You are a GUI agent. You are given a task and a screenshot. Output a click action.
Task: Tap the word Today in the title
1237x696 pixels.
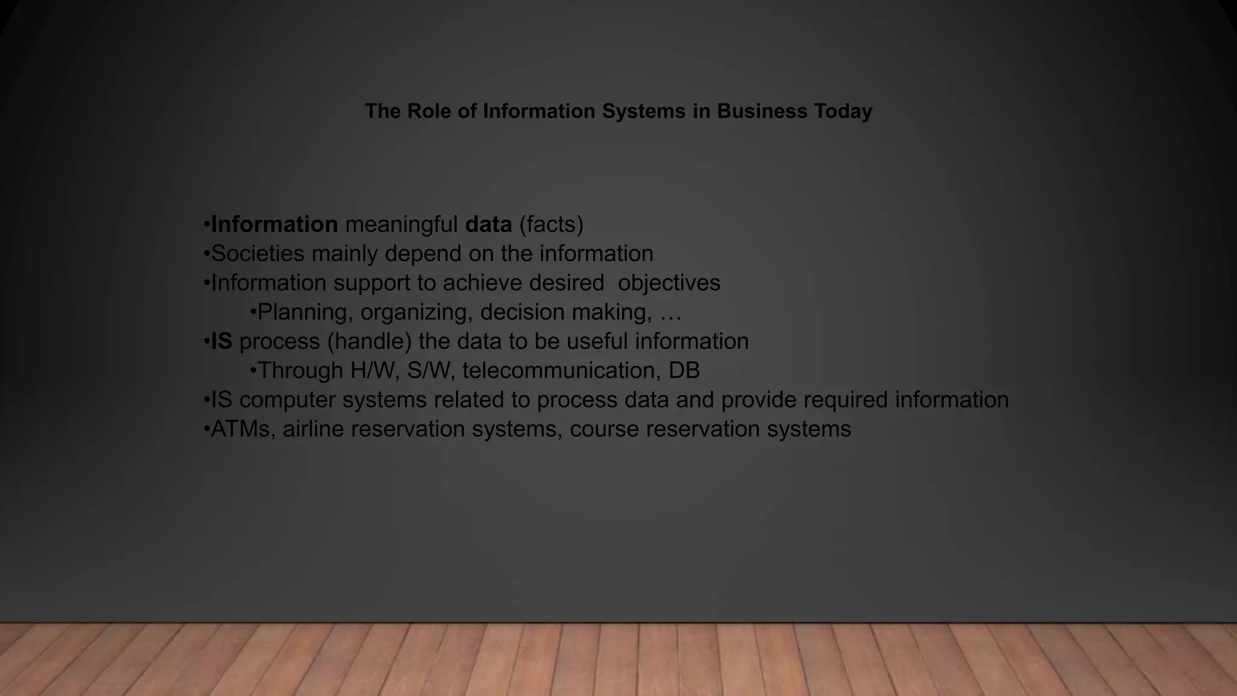coord(843,111)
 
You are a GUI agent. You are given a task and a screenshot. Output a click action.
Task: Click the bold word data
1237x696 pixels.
coord(488,224)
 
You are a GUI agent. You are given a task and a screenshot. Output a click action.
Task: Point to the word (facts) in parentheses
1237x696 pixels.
coord(551,224)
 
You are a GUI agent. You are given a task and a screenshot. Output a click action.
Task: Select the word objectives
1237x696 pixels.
coord(669,283)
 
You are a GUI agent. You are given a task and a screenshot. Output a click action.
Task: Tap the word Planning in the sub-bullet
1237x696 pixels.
coord(305,312)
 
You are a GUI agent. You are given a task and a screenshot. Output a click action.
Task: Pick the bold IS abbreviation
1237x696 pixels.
coord(222,341)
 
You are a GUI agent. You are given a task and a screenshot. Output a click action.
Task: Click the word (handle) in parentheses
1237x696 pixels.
coord(369,341)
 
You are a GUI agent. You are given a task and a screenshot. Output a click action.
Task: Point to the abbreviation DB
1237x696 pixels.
coord(684,370)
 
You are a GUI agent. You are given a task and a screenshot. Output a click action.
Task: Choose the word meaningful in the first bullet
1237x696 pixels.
coord(401,224)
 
